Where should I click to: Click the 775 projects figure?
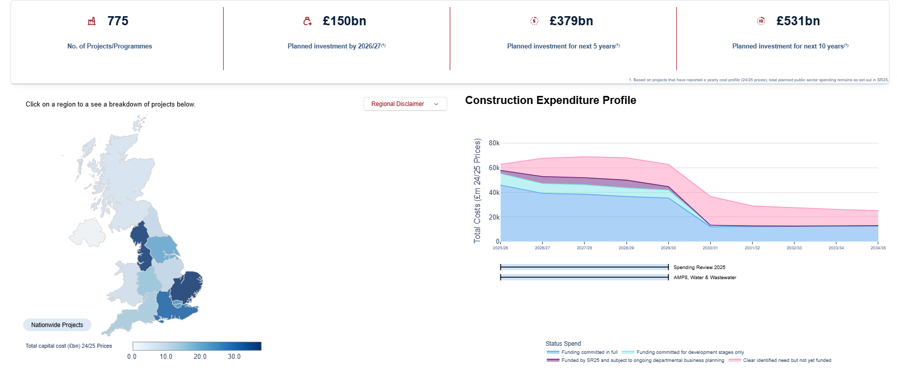[118, 21]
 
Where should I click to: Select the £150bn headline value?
[344, 21]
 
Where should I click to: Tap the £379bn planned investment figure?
[571, 21]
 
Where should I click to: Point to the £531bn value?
[798, 21]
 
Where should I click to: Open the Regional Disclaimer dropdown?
[405, 104]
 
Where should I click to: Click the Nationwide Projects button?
[57, 325]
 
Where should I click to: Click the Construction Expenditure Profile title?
[550, 100]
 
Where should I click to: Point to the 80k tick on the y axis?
[494, 143]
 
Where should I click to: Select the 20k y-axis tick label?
[494, 218]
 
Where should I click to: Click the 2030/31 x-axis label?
[710, 248]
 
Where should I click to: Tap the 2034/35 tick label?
[878, 248]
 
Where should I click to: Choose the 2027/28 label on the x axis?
[584, 248]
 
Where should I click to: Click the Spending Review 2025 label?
[699, 268]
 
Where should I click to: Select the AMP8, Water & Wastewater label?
[705, 278]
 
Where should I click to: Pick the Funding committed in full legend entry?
[589, 352]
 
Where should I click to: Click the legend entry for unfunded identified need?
[786, 360]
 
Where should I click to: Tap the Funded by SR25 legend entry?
[642, 360]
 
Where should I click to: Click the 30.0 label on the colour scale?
[234, 357]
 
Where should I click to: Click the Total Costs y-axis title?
[477, 191]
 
